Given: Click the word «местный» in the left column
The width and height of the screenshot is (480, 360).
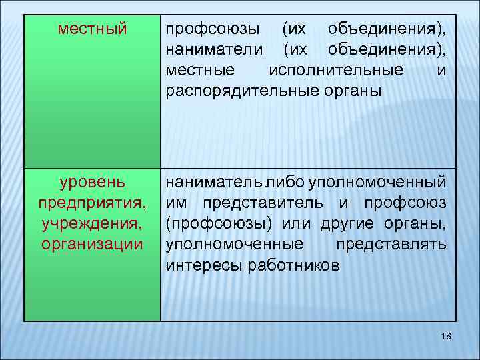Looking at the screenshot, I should [92, 29].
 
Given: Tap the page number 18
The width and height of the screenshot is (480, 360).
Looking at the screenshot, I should [446, 338].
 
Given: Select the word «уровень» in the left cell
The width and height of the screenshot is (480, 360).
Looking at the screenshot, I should [91, 181].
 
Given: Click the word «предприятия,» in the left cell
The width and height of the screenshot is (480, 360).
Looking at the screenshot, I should [92, 202].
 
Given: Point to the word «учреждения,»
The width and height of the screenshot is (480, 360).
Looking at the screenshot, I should [92, 223].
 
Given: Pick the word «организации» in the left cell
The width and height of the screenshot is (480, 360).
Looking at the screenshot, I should [92, 243].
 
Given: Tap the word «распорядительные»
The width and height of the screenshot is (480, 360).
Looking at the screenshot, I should [243, 91].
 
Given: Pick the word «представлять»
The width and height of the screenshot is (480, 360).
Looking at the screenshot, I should [391, 243].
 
